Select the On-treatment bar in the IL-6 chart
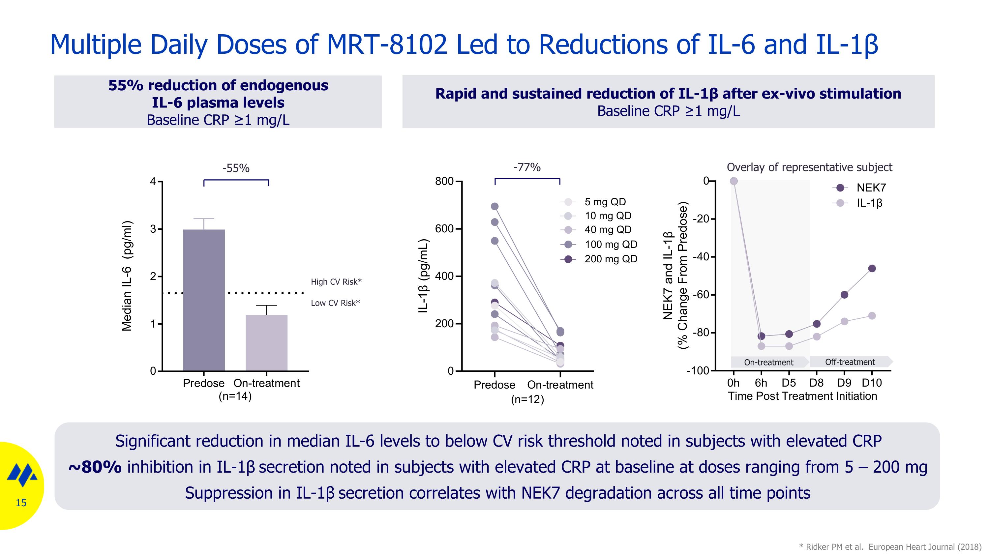(x=266, y=343)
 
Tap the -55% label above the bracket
(x=236, y=168)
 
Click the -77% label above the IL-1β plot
(x=527, y=167)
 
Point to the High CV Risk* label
(x=336, y=282)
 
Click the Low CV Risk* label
(x=335, y=303)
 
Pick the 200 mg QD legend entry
(x=611, y=259)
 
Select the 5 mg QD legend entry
(x=605, y=202)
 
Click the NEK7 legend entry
(x=871, y=188)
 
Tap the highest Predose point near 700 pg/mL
(x=495, y=206)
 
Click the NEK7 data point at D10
(x=872, y=269)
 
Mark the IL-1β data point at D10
(x=872, y=316)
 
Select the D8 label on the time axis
(x=816, y=383)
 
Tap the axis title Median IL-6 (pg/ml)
(x=127, y=276)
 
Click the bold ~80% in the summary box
(x=95, y=467)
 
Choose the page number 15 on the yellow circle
(x=21, y=503)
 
